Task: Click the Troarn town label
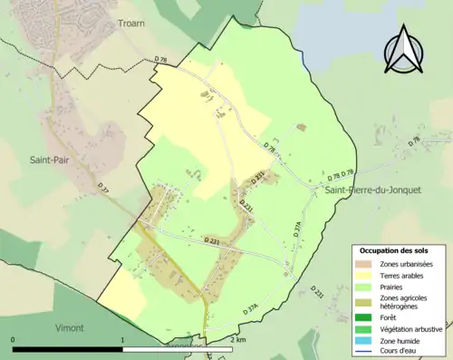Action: pos(131,22)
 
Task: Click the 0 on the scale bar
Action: pos(13,339)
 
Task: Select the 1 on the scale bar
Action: pos(123,339)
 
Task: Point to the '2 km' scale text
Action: pos(237,339)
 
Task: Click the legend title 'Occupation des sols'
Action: pos(394,249)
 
